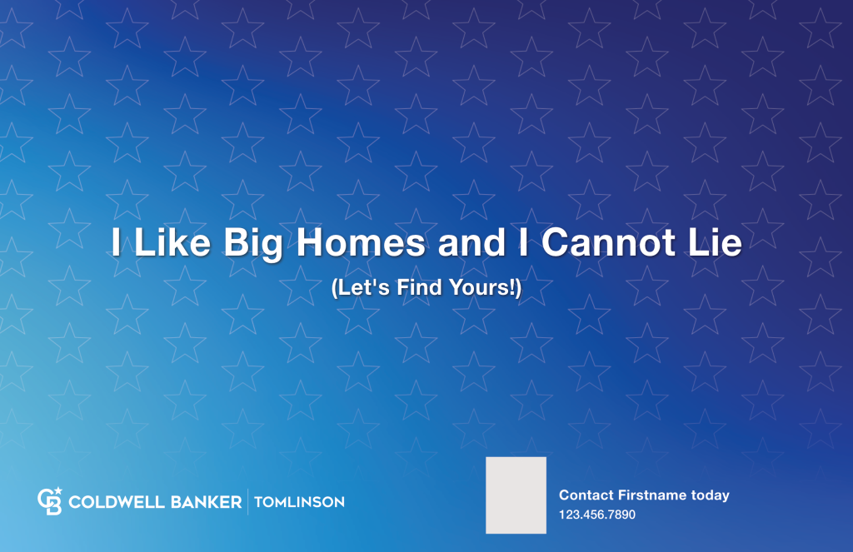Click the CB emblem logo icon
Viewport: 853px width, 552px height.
click(50, 500)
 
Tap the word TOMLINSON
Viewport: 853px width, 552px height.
click(299, 502)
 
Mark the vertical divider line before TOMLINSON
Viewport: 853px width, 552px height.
click(247, 502)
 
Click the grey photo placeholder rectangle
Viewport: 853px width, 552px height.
click(516, 495)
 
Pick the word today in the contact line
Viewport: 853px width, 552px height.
click(710, 495)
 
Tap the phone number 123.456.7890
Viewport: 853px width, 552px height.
click(596, 515)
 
